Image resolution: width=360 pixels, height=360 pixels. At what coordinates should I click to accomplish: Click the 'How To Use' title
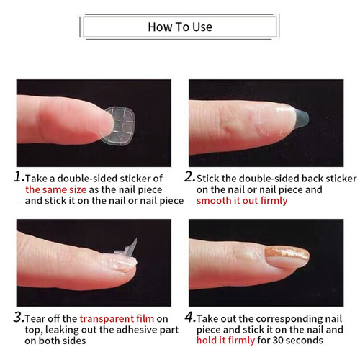tap(180, 27)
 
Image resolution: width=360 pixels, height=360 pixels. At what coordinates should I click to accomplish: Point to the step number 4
tap(189, 318)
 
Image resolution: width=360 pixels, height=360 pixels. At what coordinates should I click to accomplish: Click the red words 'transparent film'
tap(117, 318)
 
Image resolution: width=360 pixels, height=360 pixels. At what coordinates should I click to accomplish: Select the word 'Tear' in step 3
tap(37, 318)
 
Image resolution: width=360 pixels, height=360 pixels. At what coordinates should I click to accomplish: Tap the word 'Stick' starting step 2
tap(210, 177)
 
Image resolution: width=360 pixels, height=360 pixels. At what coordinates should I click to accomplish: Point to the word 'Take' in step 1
tap(38, 177)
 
